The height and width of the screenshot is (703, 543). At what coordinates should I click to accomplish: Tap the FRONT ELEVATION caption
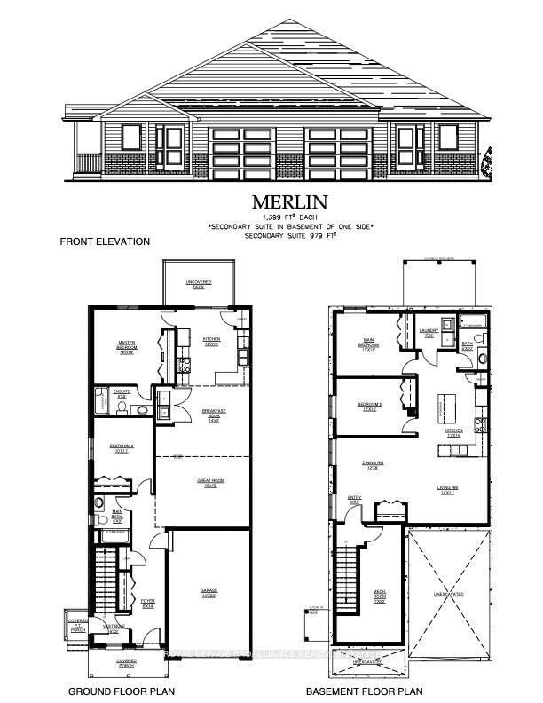click(x=105, y=241)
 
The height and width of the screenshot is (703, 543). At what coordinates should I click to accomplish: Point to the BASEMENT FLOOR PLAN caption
click(x=364, y=691)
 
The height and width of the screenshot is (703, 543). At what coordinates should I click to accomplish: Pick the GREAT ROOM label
click(x=209, y=483)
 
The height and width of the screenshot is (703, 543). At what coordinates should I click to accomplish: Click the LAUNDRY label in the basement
click(x=429, y=334)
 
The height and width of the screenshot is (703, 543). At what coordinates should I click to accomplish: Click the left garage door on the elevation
click(x=242, y=146)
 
